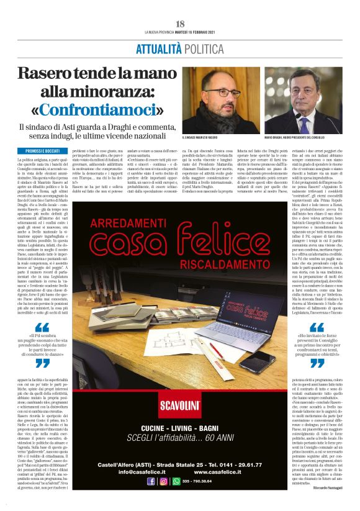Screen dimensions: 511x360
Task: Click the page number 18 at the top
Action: [x=180, y=23]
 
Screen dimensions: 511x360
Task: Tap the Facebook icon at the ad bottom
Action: [x=151, y=481]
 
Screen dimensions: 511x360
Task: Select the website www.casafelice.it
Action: [x=214, y=471]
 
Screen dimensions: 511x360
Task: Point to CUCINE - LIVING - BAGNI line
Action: [x=181, y=429]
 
